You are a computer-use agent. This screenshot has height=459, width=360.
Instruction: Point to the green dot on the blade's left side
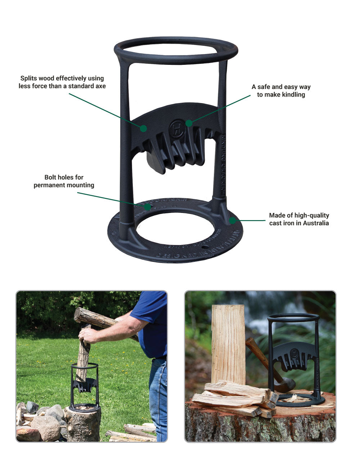(143, 128)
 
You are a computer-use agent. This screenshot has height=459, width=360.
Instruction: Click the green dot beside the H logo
(189, 123)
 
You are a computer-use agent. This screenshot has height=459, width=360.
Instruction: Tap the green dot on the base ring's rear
(147, 207)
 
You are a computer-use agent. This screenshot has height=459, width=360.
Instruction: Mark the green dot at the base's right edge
(233, 220)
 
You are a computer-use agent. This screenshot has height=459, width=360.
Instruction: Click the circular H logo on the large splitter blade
(177, 128)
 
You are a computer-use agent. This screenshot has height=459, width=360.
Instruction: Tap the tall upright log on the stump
(228, 344)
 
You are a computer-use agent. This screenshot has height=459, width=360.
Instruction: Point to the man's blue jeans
(158, 396)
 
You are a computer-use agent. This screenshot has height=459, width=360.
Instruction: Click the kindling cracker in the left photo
(85, 387)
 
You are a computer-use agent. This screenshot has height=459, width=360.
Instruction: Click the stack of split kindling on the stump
(236, 398)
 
